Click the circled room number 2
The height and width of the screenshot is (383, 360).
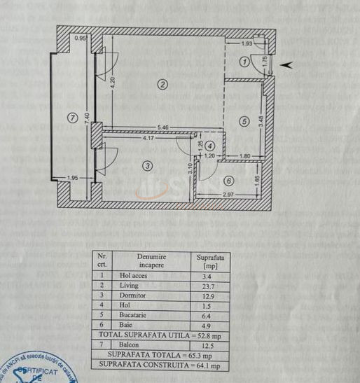coord(162,85)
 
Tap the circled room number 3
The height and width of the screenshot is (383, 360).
coord(147,166)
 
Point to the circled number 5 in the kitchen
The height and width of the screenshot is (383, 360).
coord(244,120)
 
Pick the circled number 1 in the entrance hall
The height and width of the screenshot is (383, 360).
coord(244,62)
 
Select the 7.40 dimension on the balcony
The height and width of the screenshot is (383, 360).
coord(87,119)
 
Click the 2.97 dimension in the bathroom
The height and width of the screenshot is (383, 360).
coord(228,193)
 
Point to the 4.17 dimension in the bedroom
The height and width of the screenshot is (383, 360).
coord(148,139)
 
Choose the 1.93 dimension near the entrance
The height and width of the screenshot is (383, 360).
coord(247,43)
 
